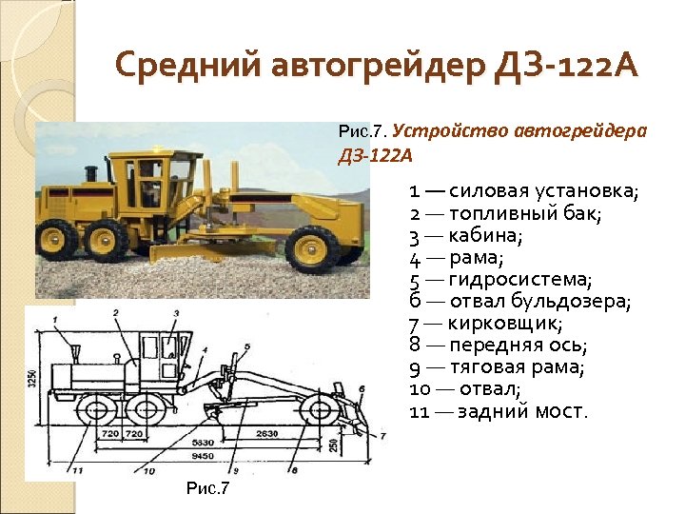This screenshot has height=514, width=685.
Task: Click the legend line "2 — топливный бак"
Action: coord(505,214)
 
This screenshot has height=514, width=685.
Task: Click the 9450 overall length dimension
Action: coord(202,455)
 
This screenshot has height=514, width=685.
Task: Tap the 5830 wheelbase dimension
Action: coord(202,444)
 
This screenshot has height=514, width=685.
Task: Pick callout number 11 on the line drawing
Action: coord(74,469)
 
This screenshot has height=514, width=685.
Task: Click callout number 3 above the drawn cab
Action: coord(176,313)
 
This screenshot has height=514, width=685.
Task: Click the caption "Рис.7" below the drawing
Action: coord(207,488)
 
